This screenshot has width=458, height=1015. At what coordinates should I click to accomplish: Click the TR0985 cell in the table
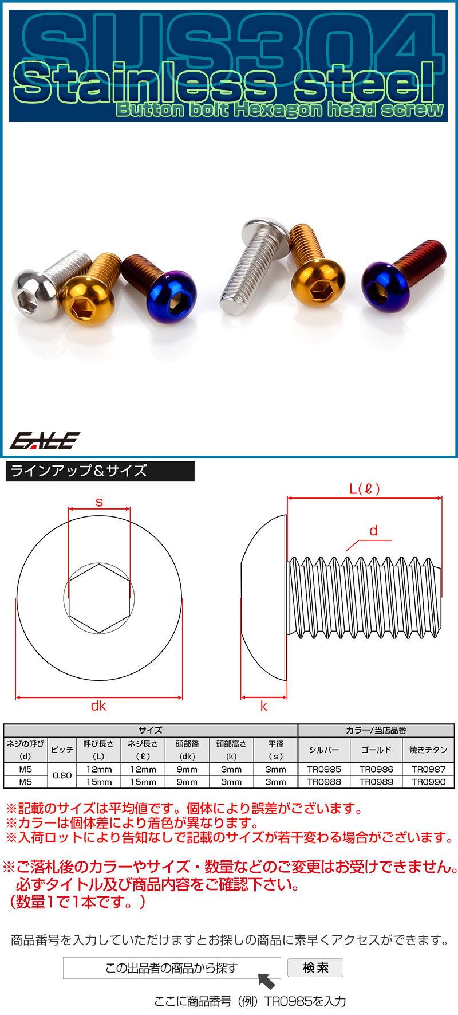(x=324, y=769)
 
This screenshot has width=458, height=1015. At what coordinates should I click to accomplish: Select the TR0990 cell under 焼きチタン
(x=428, y=782)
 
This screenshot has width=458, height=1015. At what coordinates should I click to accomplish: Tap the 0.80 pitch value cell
(x=62, y=775)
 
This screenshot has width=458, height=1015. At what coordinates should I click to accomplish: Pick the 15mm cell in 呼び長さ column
(x=98, y=782)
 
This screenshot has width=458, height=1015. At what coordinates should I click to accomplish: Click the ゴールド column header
(x=376, y=750)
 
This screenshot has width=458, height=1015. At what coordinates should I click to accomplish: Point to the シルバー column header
(x=324, y=750)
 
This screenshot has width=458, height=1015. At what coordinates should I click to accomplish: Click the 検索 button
(x=315, y=967)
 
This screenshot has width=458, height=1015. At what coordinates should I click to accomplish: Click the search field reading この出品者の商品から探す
(x=171, y=968)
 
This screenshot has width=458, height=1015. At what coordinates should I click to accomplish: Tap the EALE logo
(x=45, y=440)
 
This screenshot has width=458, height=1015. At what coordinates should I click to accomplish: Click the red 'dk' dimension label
(x=98, y=706)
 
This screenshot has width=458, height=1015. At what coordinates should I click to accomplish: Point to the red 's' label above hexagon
(x=99, y=503)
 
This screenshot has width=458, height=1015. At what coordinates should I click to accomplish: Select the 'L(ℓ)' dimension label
(x=365, y=489)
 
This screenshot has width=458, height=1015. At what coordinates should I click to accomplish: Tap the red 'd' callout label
(x=373, y=531)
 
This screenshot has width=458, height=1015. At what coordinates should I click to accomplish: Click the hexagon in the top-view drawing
(x=99, y=598)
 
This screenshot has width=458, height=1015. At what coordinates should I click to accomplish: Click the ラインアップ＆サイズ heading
(x=79, y=471)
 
